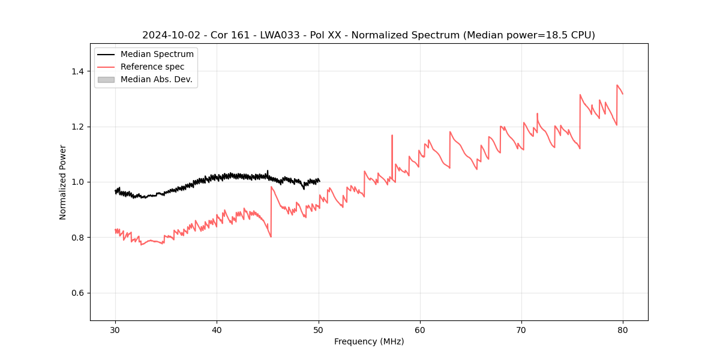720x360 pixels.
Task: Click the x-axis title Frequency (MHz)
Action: point(369,341)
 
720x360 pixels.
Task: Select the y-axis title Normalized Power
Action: point(63,182)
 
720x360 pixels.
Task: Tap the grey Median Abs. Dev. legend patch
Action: point(106,79)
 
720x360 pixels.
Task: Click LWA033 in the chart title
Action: point(283,35)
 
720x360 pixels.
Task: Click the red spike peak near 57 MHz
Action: point(392,135)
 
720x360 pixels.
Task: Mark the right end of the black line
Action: point(319,181)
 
